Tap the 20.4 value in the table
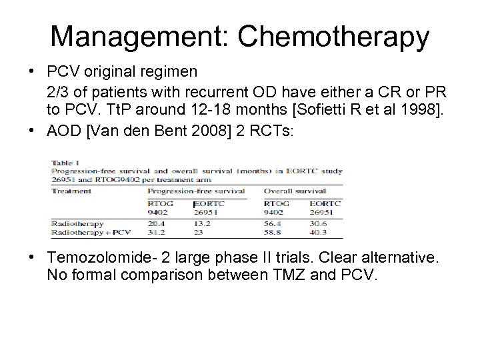pos(157,224)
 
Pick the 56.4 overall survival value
pos(273,224)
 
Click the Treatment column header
pos(71,191)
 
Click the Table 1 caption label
pos(65,162)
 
